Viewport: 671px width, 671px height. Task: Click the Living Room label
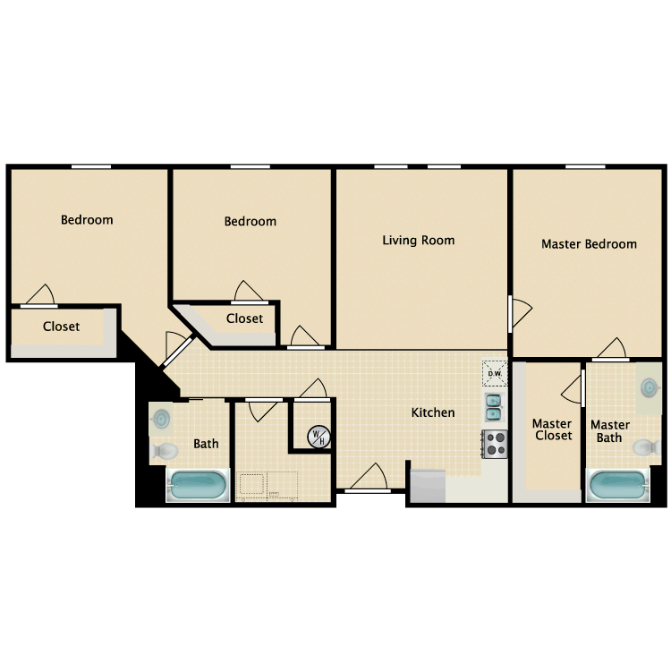[418, 240]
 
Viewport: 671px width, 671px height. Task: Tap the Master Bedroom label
[589, 243]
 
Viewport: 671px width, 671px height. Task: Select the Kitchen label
[433, 412]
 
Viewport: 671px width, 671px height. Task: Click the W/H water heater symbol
[318, 437]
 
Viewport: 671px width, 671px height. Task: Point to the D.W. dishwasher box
[494, 373]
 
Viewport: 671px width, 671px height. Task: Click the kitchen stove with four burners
[494, 442]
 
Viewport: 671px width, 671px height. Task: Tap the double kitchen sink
[493, 407]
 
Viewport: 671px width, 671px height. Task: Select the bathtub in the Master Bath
[616, 487]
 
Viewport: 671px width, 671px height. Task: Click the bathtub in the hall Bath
[198, 488]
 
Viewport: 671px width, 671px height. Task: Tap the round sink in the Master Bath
[650, 387]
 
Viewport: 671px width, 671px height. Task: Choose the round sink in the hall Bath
[161, 419]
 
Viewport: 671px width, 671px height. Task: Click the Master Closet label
[552, 429]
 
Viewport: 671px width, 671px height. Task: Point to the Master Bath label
[609, 431]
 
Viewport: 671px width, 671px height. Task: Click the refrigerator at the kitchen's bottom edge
[428, 485]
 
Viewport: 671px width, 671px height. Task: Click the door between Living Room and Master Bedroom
[519, 312]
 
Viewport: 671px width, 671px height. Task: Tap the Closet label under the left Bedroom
[61, 327]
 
